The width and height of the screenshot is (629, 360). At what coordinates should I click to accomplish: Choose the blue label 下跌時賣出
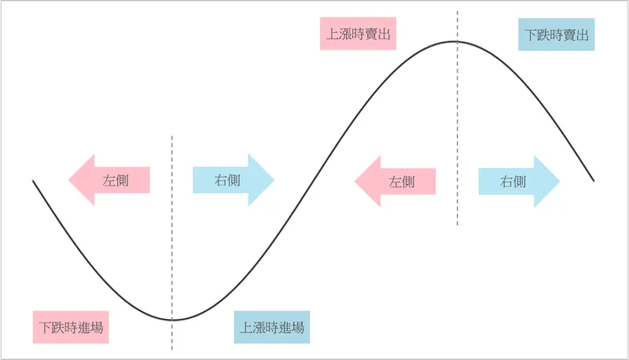tap(557, 35)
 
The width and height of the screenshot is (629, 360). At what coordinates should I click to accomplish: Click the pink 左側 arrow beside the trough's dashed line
tap(109, 181)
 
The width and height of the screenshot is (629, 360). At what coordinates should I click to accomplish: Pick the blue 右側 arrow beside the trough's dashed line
tap(233, 181)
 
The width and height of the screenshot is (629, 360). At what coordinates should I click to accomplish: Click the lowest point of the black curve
tap(173, 320)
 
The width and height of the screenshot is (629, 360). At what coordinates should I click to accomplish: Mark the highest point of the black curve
tap(456, 42)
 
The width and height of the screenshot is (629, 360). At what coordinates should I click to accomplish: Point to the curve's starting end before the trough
tap(33, 182)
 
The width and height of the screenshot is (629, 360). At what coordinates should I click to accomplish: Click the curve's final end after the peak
tap(594, 182)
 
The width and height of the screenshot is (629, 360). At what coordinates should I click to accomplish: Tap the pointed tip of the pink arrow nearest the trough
tap(68, 181)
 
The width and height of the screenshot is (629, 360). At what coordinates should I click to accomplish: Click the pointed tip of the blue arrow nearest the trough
tap(274, 181)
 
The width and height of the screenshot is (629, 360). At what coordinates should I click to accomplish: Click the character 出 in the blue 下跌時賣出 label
tap(582, 35)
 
